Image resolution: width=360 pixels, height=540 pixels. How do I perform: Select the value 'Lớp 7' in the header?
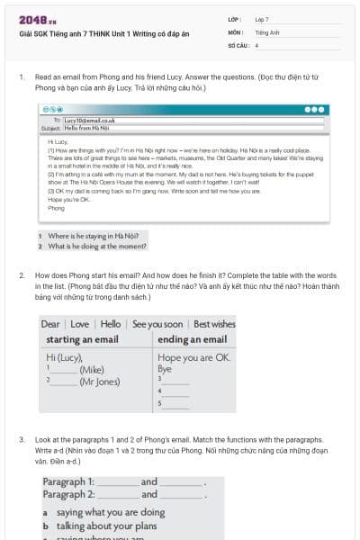pos(262,19)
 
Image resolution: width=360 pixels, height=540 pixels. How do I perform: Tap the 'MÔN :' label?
pos(235,31)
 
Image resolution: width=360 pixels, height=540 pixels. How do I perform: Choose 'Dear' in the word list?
pos(50,324)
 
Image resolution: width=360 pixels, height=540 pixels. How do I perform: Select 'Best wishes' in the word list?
pos(214,324)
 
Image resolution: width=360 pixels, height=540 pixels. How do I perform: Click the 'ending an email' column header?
pos(192,339)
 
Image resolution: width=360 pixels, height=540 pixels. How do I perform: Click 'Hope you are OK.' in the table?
pos(193,357)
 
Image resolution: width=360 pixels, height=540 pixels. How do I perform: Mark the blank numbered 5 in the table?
pos(175,403)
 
